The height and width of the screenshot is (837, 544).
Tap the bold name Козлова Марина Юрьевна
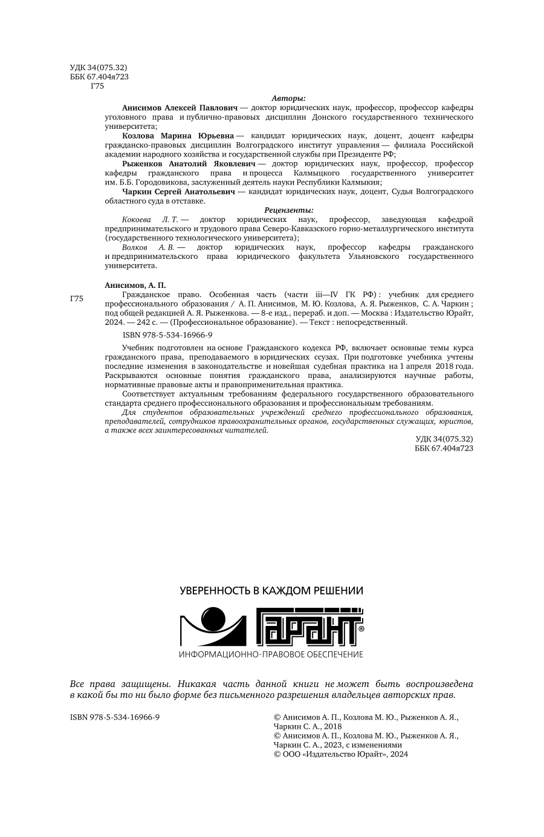pyautogui.click(x=178, y=135)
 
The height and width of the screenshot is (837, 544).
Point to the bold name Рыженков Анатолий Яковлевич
pyautogui.click(x=188, y=163)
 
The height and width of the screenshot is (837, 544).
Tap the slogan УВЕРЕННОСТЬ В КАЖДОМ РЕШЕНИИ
pyautogui.click(x=271, y=590)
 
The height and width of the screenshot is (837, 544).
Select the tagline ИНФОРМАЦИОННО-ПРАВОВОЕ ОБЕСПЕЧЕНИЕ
pyautogui.click(x=271, y=654)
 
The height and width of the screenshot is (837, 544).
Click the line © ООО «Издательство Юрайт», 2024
pyautogui.click(x=341, y=754)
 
